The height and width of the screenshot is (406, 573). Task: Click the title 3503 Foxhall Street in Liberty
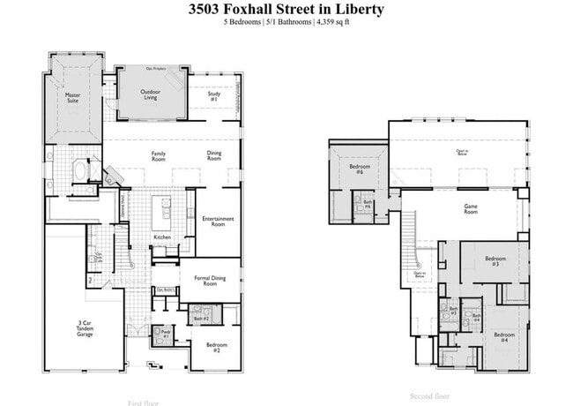[x=286, y=9]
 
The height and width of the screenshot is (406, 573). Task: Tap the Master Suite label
[x=72, y=98]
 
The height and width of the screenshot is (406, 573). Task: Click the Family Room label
[x=159, y=156]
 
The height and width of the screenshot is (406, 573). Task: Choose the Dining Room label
[x=214, y=156]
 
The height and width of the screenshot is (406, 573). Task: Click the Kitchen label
[x=162, y=237]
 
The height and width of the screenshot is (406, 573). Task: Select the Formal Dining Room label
[x=210, y=281]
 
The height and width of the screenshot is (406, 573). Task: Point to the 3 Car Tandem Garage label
[x=85, y=331]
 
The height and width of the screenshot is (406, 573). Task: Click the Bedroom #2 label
[x=217, y=347]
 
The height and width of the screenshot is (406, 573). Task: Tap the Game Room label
[x=471, y=209]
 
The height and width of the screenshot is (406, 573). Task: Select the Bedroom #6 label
[x=357, y=169]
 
